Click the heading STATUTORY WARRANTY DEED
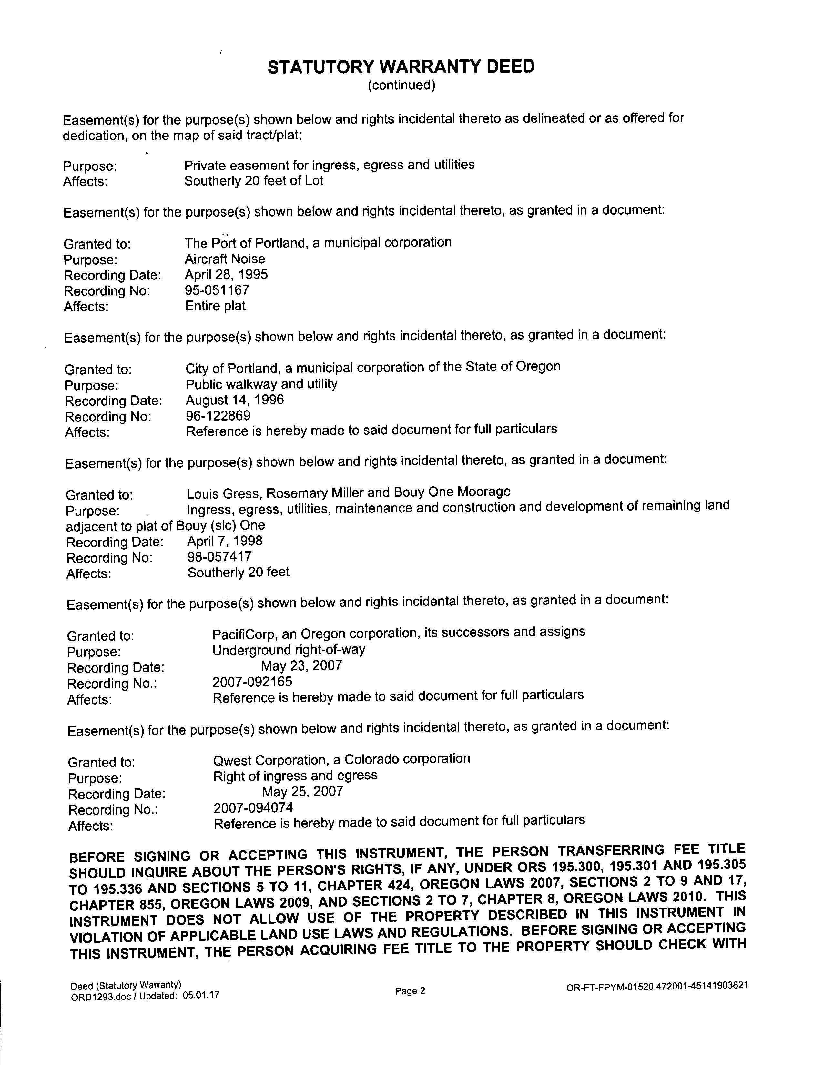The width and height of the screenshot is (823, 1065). pyautogui.click(x=401, y=67)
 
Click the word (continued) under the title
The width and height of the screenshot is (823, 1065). pyautogui.click(x=401, y=86)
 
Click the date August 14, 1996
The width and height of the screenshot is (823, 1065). pyautogui.click(x=235, y=401)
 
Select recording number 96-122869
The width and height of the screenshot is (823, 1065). pyautogui.click(x=218, y=416)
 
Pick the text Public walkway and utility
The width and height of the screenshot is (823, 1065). pyautogui.click(x=261, y=384)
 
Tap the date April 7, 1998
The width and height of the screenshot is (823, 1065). pyautogui.click(x=225, y=541)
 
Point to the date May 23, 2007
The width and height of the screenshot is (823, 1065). pyautogui.click(x=301, y=666)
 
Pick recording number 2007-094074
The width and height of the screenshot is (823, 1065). pyautogui.click(x=253, y=808)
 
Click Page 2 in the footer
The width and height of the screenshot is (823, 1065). pyautogui.click(x=410, y=991)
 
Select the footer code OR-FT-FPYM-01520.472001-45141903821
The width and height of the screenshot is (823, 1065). pyautogui.click(x=657, y=987)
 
